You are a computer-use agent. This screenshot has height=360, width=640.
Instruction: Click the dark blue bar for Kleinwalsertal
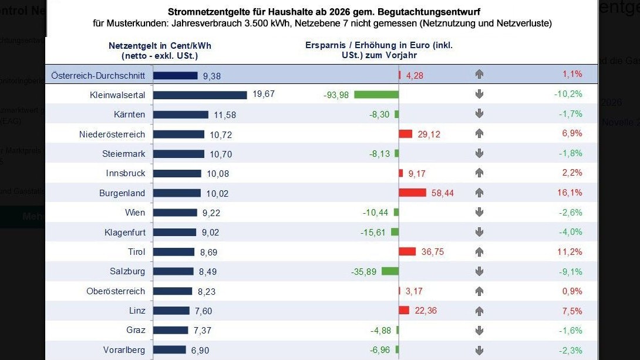click(x=200, y=95)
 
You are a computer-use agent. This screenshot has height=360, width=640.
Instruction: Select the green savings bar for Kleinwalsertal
click(x=376, y=95)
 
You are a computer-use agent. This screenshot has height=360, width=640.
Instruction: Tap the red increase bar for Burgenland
click(x=412, y=193)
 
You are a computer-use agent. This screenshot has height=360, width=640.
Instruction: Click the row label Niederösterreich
click(x=112, y=134)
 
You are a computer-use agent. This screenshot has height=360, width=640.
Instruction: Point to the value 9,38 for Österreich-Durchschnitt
click(x=212, y=75)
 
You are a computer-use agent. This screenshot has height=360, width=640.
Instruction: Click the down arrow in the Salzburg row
click(x=479, y=271)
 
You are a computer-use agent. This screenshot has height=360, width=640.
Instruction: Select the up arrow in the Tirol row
click(x=479, y=251)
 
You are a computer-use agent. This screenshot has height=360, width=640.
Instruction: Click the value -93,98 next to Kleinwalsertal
click(x=336, y=95)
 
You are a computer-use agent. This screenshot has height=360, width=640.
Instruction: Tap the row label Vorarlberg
click(x=124, y=350)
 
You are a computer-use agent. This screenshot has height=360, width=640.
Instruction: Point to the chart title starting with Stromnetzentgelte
click(x=322, y=12)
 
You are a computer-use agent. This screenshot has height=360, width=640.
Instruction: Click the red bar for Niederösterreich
click(x=406, y=134)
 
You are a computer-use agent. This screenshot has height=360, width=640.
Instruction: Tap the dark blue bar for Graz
click(x=171, y=330)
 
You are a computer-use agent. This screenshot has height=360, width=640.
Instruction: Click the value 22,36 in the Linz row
click(x=426, y=311)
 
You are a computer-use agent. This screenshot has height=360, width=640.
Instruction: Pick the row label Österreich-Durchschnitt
click(x=98, y=75)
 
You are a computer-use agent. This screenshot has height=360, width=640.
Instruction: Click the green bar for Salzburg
click(x=390, y=271)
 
